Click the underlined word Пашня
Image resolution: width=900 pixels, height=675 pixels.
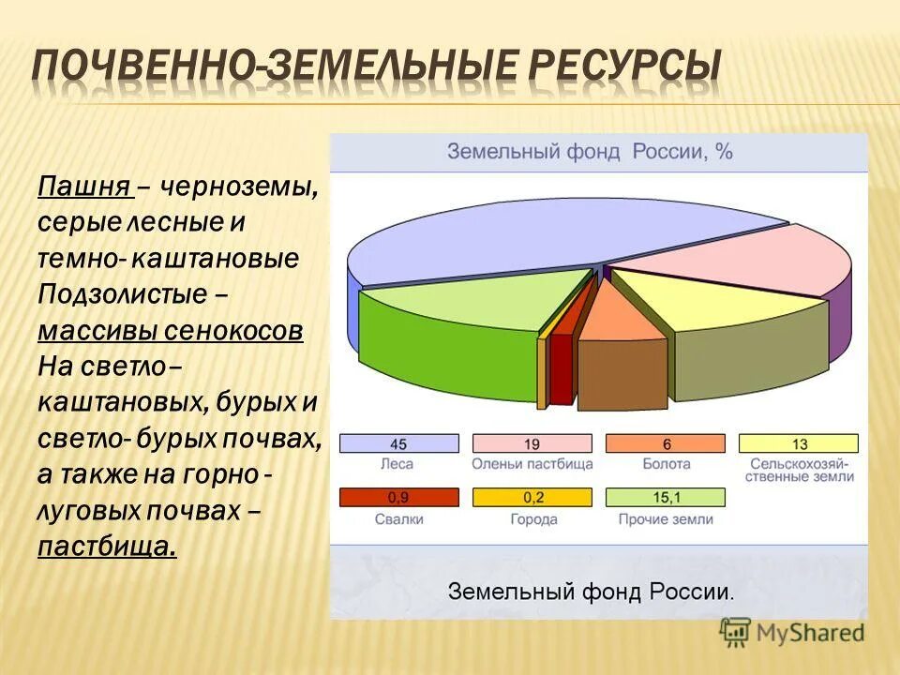pos(83,187)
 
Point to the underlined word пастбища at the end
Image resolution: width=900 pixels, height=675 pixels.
pos(107,545)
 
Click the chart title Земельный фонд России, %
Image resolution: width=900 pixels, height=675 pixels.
pos(589,152)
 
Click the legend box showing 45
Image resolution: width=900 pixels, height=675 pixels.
pos(398,443)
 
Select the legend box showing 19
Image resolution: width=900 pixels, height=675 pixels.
pos(532,443)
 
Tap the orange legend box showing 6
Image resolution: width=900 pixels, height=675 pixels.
pos(666,443)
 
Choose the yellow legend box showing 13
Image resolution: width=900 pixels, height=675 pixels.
pos(799,443)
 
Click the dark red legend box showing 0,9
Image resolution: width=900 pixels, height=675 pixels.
pos(398,498)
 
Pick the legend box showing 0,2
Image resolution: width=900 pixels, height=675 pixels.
pos(532,498)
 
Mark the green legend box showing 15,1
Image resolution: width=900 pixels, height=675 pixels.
pos(666,498)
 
